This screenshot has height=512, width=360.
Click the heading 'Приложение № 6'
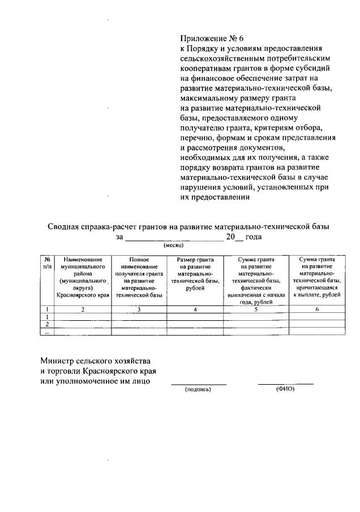click(x=209, y=39)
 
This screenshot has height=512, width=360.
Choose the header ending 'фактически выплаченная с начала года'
click(x=256, y=280)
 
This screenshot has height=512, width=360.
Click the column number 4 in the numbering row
click(x=195, y=309)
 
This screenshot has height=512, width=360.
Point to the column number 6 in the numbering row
click(x=317, y=309)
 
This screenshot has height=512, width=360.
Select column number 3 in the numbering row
click(x=139, y=309)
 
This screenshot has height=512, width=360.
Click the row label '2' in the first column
click(x=47, y=324)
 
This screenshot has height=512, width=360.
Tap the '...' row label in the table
click(x=47, y=332)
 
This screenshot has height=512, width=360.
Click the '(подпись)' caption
click(x=198, y=390)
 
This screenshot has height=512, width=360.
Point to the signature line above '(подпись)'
click(x=199, y=384)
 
